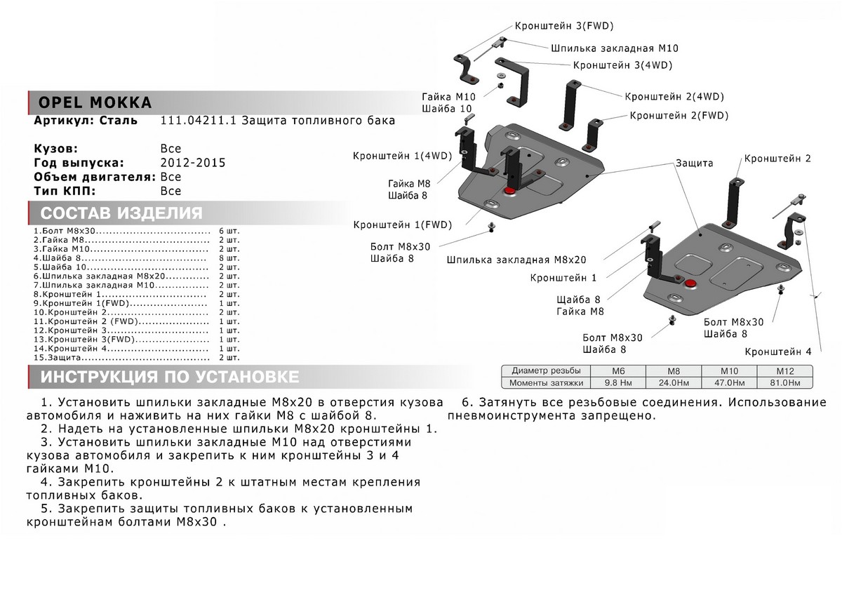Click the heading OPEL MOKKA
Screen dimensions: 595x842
point(92,102)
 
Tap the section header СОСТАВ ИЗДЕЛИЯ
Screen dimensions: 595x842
point(121,213)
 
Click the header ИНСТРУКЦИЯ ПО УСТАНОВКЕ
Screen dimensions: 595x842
point(169,377)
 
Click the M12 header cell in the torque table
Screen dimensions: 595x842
point(783,370)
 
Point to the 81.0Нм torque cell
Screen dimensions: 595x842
point(783,383)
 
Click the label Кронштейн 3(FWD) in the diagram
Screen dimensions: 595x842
point(564,26)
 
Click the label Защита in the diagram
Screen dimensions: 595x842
point(694,162)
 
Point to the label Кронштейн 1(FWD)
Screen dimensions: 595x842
point(403,225)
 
